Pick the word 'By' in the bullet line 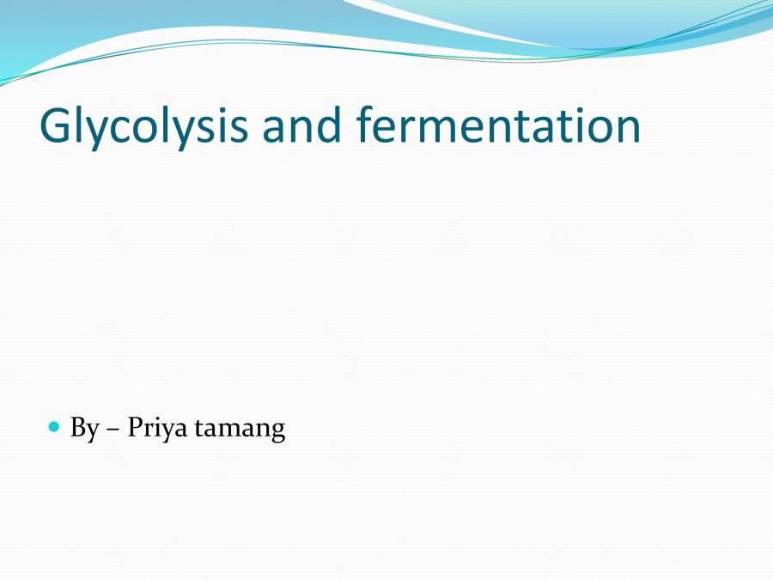tap(84, 428)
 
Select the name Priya tap(157, 428)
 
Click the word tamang tap(240, 429)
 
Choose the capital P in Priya tap(135, 427)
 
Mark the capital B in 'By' tap(78, 427)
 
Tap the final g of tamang tap(277, 432)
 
